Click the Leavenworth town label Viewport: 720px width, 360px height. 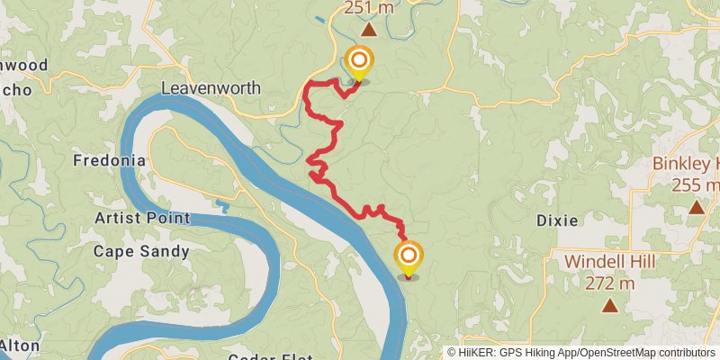coord(211,88)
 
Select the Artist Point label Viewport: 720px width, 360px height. coord(142,218)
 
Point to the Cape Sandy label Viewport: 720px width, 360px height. coord(141,251)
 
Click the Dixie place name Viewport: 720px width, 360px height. coord(556,220)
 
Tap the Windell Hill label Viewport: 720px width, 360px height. coord(609,262)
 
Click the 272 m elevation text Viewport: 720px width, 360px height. coord(609,283)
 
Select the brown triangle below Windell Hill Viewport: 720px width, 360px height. coord(610,305)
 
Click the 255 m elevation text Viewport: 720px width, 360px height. coord(696,184)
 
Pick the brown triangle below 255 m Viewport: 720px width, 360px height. coord(696,207)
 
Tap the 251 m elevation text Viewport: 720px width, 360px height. coord(369,8)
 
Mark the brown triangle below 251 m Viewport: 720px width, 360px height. coord(369,29)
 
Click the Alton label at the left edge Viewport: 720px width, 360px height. coord(18,345)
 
